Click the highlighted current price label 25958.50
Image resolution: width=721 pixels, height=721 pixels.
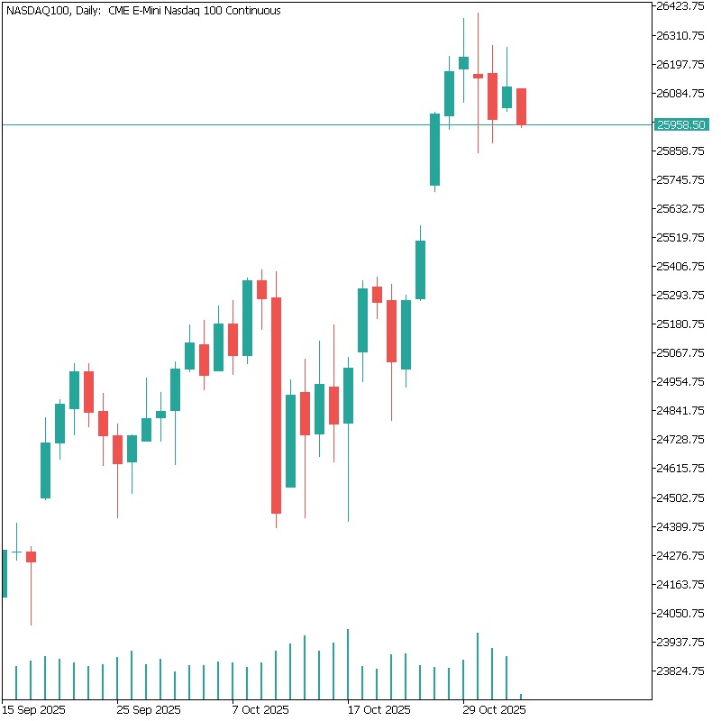680,124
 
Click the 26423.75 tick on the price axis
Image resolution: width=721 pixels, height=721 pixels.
680,6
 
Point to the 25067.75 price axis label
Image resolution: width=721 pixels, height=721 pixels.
680,352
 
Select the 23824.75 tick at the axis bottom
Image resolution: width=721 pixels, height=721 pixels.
680,671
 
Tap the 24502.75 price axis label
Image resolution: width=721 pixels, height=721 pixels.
680,497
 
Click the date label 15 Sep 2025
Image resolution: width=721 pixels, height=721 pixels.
33,708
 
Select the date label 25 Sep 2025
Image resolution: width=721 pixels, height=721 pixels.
149,708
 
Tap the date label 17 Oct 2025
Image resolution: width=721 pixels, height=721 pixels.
379,708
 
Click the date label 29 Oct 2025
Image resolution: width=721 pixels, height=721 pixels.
494,708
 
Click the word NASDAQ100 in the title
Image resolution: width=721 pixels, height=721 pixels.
38,11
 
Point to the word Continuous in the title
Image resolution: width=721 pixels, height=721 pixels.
249,11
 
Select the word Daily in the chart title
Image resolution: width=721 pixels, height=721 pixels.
88,11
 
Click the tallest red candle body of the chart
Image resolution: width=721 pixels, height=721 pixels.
276,406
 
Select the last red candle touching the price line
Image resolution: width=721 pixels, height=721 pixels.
521,106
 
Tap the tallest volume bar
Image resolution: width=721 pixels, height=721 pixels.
348,663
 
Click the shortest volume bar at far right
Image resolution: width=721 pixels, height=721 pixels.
521,696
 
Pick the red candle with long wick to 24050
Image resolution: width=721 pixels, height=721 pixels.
31,557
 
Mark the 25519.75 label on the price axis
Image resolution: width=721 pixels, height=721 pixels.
680,237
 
